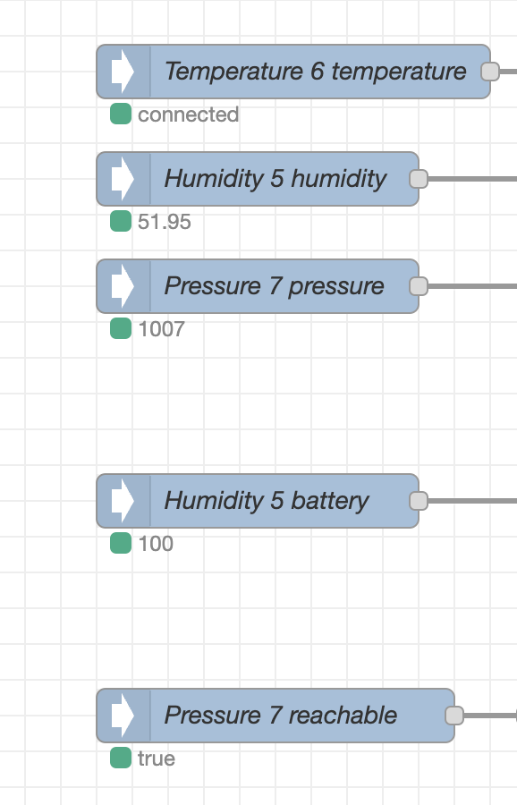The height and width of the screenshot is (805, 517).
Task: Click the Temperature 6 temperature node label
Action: pos(315,72)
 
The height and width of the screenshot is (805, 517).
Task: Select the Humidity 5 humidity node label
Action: pos(275,179)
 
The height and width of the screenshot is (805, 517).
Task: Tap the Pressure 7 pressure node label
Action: pos(275,286)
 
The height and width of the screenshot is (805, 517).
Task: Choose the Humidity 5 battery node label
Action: pos(267,501)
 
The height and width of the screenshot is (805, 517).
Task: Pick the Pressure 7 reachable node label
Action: pos(281,716)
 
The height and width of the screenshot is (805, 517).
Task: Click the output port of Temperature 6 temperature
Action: pos(490,72)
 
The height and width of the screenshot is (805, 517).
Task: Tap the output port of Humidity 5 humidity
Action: pos(419,179)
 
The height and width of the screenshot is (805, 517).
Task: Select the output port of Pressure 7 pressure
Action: pos(419,286)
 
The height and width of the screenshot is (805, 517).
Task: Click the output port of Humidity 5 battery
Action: pos(419,501)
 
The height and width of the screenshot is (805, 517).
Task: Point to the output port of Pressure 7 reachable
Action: pos(454,716)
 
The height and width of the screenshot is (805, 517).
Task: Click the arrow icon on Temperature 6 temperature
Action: pos(123,72)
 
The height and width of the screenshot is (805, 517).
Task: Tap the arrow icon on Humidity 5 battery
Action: pos(123,501)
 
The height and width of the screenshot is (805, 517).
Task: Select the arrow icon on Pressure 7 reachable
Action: pos(123,716)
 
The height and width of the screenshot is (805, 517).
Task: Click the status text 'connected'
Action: pos(189,114)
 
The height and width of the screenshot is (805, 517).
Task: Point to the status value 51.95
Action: pos(165,222)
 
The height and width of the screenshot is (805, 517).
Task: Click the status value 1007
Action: pos(161,329)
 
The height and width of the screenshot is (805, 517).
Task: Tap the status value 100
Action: pos(156,544)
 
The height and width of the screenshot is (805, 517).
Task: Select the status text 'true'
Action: pos(156,758)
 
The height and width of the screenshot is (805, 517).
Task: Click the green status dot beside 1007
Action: pos(121,328)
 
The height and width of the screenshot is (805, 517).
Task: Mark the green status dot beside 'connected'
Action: pos(121,114)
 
